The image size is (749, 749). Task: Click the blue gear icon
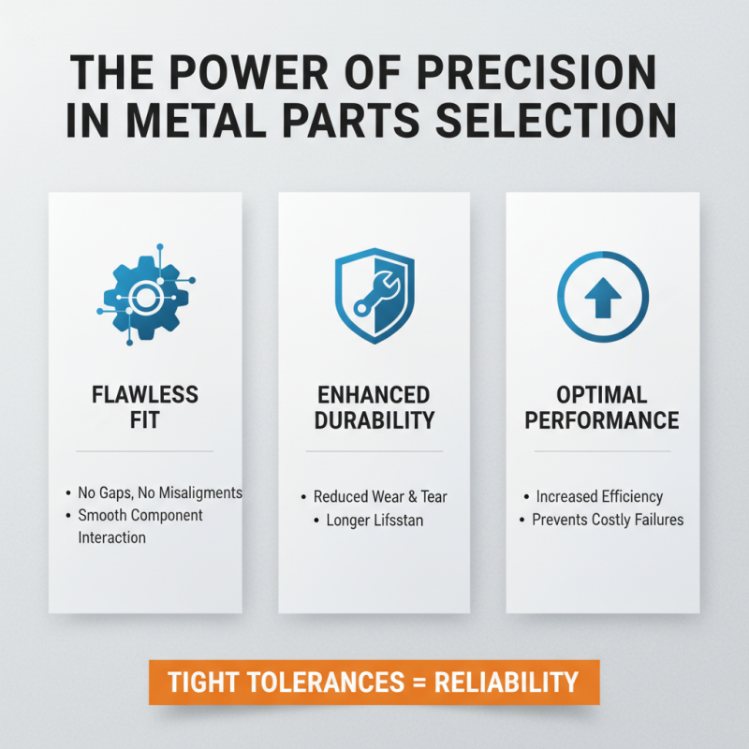tap(145, 298)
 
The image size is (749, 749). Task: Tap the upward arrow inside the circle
tap(602, 297)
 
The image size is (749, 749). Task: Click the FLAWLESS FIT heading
tap(145, 406)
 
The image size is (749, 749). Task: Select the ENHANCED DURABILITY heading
tap(373, 406)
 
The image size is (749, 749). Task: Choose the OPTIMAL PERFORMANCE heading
tap(602, 406)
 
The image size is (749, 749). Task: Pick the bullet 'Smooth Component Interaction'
tap(140, 526)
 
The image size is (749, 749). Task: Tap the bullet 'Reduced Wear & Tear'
tap(377, 497)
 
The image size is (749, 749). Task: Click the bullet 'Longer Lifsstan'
tap(374, 520)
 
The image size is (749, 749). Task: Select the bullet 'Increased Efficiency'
tap(599, 497)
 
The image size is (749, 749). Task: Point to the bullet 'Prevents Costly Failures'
tap(608, 520)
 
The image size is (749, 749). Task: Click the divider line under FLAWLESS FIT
tap(145, 451)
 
